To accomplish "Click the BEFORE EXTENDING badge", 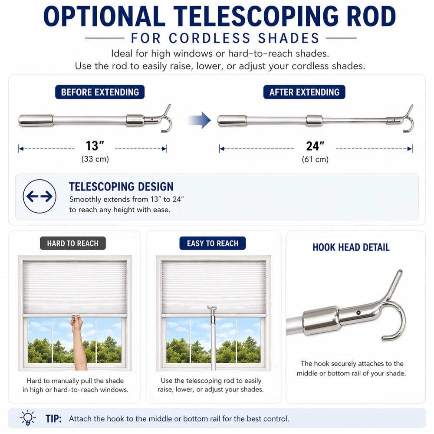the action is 100,92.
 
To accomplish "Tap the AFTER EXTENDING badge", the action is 304,92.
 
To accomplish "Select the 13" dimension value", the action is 95,145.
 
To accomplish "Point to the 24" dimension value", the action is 315,146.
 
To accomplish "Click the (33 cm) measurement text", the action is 95,159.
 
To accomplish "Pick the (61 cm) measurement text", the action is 315,159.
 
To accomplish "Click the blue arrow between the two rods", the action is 199,120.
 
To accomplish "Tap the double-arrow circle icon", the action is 39,196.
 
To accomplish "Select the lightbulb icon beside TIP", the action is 28,418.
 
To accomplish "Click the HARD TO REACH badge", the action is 73,243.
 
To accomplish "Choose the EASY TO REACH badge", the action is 213,243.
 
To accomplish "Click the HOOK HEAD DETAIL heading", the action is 351,247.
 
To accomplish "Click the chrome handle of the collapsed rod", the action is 36,120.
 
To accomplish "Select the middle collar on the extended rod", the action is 314,121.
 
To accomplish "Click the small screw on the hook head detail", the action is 358,312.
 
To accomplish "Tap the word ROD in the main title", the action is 371,16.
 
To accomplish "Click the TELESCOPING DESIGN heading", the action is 121,187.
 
